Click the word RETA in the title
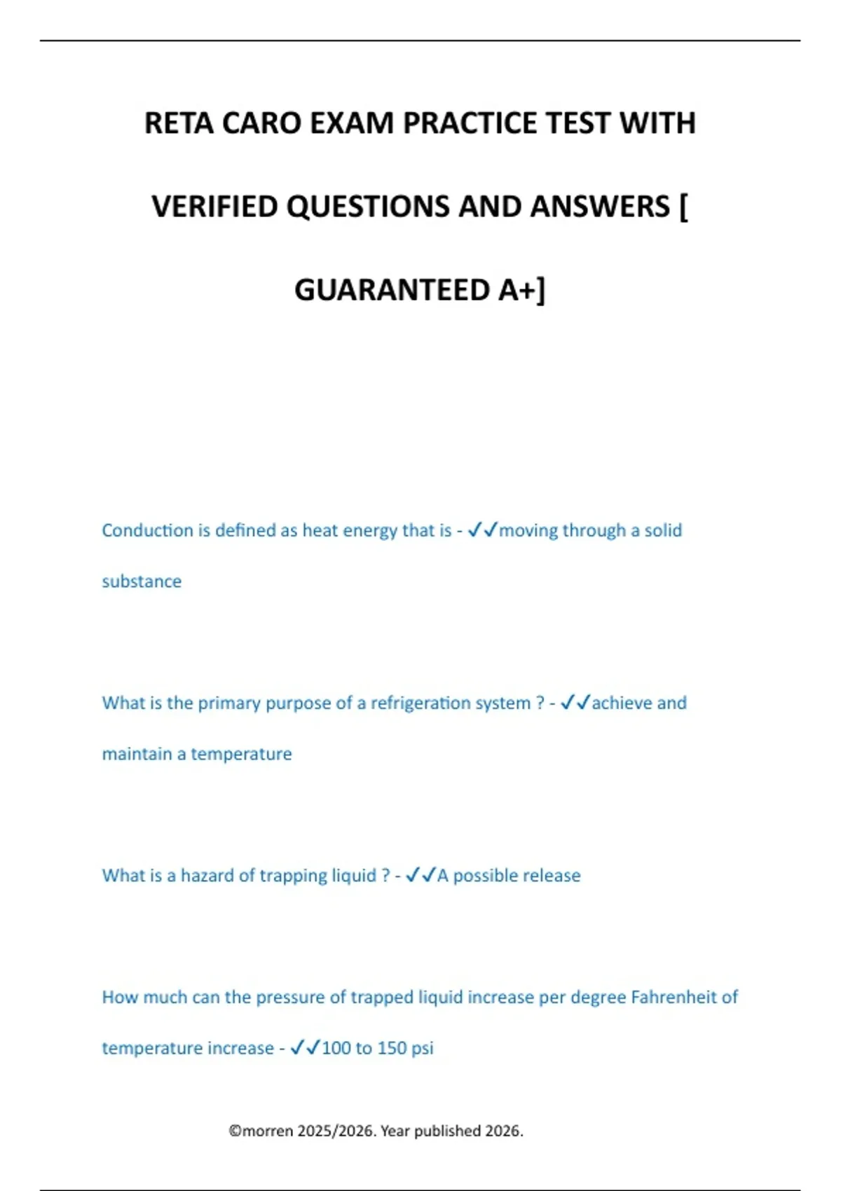tap(179, 123)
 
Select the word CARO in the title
tap(261, 123)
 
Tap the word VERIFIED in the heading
tap(214, 207)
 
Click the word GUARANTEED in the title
tap(392, 290)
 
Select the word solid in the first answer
tap(663, 530)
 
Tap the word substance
tap(142, 581)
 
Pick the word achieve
tap(621, 703)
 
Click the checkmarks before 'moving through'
tap(482, 530)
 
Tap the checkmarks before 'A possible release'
tap(420, 875)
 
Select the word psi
tap(422, 1048)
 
